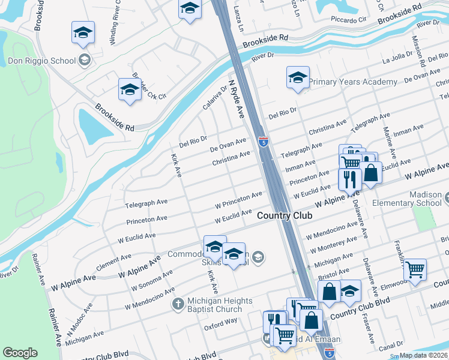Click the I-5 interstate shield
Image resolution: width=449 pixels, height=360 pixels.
click(263, 142)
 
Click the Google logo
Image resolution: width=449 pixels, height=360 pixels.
click(20, 352)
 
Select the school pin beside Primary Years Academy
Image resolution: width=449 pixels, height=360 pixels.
click(298, 77)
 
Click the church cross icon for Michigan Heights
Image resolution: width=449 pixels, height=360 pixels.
click(178, 304)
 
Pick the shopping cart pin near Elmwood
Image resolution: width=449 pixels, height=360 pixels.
click(415, 270)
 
